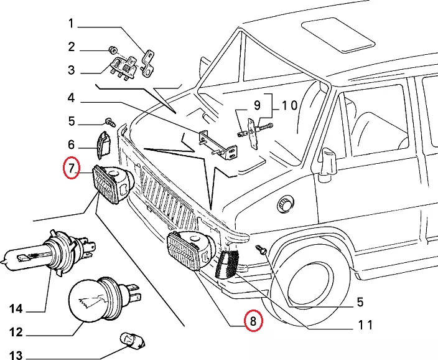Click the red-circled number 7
(x=72, y=168)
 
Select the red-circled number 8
(x=253, y=321)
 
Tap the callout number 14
(x=16, y=309)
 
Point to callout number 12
(x=16, y=332)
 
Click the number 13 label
(x=16, y=356)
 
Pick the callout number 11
(x=365, y=324)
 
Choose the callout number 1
(x=71, y=24)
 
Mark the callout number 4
(x=71, y=98)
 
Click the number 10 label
(x=289, y=105)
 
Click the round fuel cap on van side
(x=287, y=204)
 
